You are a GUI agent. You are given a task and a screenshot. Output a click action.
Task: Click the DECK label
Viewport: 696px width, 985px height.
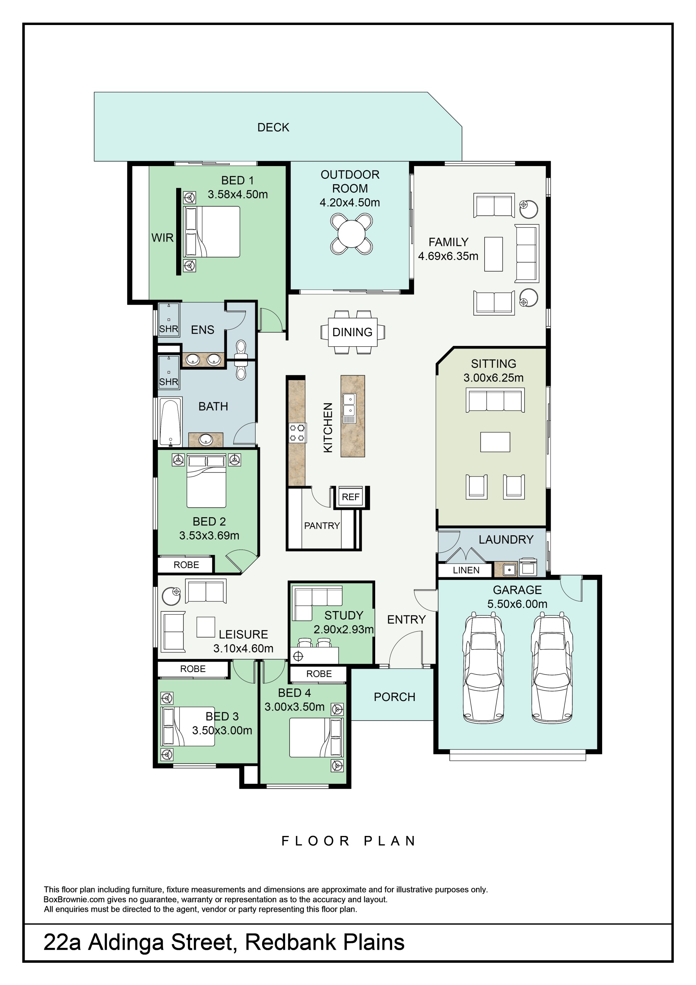click(x=273, y=127)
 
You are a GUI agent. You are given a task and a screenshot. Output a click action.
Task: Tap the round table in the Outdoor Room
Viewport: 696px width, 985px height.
click(x=351, y=234)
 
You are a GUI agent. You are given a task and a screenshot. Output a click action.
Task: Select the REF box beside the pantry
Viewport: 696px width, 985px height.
click(x=351, y=497)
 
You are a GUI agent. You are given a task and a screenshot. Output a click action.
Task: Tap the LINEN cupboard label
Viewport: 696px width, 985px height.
click(x=466, y=570)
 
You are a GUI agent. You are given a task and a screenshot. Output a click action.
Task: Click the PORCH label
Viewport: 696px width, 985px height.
click(x=394, y=697)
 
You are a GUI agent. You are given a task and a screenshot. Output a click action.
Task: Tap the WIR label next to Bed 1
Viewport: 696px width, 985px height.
click(x=162, y=238)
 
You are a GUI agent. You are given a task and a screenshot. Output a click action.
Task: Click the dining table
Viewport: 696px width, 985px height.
click(x=352, y=332)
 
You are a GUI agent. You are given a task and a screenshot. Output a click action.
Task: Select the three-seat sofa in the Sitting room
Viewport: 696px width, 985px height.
click(x=495, y=400)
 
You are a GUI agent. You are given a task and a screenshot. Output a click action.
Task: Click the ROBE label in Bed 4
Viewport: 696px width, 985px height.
click(x=319, y=674)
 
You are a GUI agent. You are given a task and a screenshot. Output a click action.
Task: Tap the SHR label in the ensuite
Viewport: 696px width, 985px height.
click(x=169, y=329)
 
